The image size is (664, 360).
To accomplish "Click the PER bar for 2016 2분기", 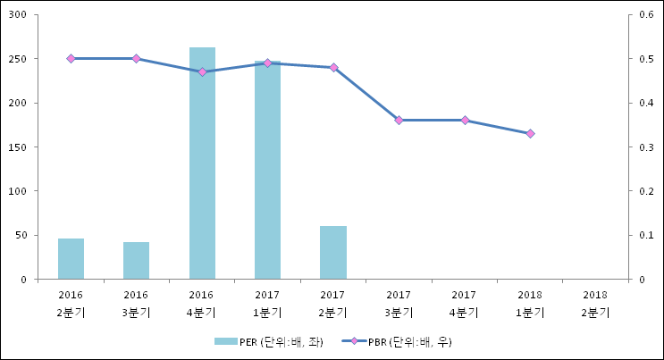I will click(x=71, y=258).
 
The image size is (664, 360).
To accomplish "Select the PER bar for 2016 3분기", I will click(x=136, y=260).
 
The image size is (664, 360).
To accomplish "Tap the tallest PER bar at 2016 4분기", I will click(x=202, y=163).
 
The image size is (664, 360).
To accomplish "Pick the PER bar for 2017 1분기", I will click(x=267, y=170).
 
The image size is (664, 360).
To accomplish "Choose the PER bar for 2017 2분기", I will click(x=333, y=252).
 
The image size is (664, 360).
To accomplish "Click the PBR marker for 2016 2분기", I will click(x=71, y=58).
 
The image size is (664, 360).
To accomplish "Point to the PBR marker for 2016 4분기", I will click(x=202, y=71).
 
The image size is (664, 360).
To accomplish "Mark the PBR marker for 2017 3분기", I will click(x=399, y=120).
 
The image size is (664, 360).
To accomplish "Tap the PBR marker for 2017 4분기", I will click(x=465, y=120).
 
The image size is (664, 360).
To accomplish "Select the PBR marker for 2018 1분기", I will click(x=530, y=133).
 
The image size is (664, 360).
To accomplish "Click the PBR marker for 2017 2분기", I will click(x=333, y=67).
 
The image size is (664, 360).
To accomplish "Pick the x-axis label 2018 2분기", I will click(x=596, y=303).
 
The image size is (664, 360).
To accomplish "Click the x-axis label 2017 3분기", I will click(x=399, y=303).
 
